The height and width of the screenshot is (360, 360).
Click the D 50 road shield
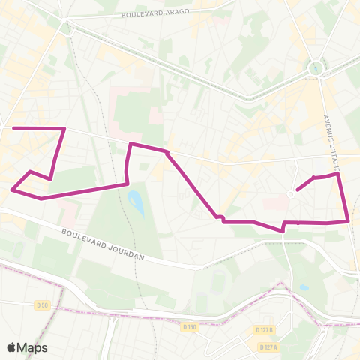pyautogui.click(x=42, y=304)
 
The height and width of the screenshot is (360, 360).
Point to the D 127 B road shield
pyautogui.click(x=263, y=330)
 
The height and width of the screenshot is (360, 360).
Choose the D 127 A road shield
pyautogui.click(x=268, y=346)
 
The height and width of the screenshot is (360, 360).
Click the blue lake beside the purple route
pyautogui.click(x=136, y=201)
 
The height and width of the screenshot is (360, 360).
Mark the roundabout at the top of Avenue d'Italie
pyautogui.click(x=316, y=69)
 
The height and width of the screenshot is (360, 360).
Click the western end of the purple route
pyautogui.click(x=14, y=129)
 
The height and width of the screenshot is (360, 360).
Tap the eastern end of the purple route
pyautogui.click(x=298, y=190)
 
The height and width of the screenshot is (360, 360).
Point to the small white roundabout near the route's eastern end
pyautogui.click(x=291, y=194)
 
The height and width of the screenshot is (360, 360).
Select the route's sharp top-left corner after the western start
pyautogui.click(x=64, y=129)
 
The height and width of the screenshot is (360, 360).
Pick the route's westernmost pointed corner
pyautogui.click(x=13, y=190)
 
